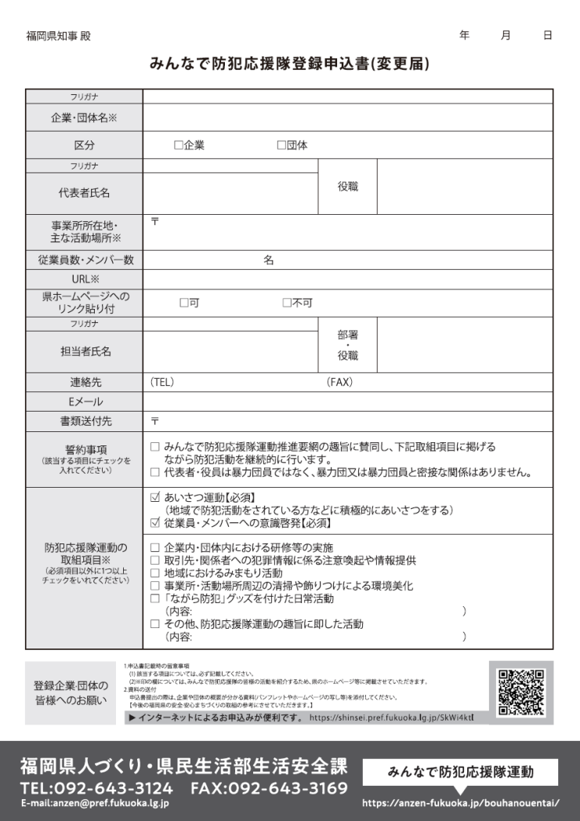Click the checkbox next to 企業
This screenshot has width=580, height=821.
(x=178, y=145)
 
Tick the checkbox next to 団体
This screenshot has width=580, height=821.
(x=281, y=145)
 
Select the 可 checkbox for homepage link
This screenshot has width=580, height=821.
(x=184, y=303)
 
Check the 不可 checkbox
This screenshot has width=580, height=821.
(x=287, y=303)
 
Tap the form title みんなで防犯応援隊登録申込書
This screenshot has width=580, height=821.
(x=289, y=64)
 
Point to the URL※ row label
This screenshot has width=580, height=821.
(x=84, y=280)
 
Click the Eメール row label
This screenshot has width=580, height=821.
(x=84, y=401)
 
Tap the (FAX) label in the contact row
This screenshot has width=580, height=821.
(x=339, y=382)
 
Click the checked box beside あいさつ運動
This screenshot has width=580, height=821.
(x=155, y=497)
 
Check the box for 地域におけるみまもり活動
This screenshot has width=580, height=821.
(x=155, y=573)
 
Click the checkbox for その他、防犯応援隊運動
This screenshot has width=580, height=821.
(x=155, y=624)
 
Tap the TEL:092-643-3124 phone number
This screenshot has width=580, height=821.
(x=96, y=788)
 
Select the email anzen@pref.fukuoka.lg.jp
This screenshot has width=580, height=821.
(x=94, y=804)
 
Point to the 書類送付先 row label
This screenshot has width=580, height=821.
(x=84, y=421)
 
